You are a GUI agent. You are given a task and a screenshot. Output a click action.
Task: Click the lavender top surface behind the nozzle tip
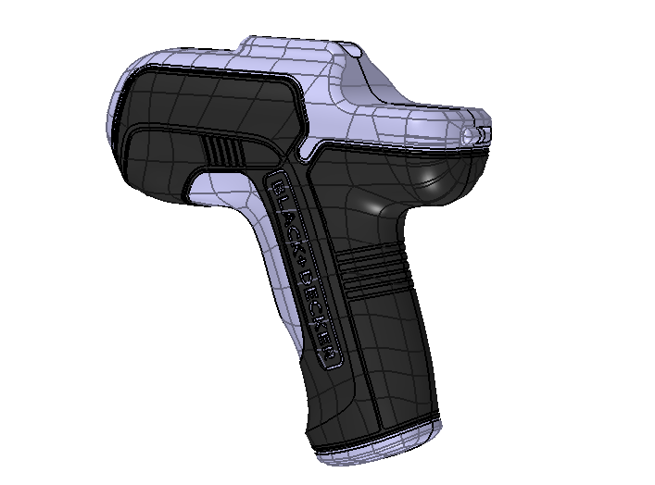[x=417, y=111]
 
